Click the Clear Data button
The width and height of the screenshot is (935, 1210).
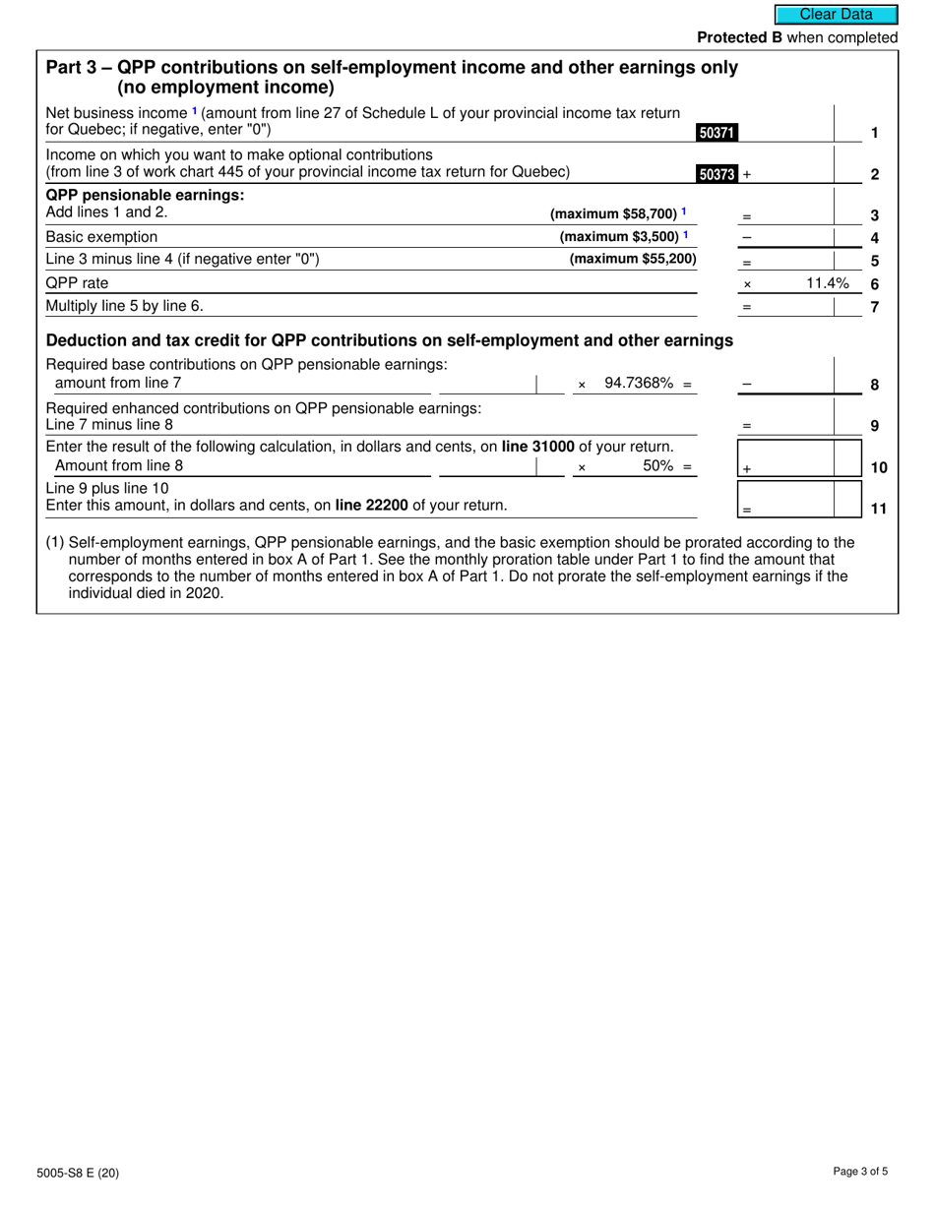tap(836, 15)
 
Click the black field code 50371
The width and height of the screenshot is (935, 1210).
tap(717, 133)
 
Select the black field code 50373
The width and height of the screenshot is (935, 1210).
tap(717, 174)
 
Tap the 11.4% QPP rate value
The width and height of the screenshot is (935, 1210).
tap(827, 283)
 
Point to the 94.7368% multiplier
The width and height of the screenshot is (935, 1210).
tap(639, 384)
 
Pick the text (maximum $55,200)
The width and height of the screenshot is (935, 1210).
tap(633, 259)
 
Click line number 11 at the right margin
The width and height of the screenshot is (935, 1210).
tap(879, 509)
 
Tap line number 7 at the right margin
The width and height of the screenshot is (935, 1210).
tap(874, 307)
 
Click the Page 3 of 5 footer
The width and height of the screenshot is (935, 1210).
tap(859, 1172)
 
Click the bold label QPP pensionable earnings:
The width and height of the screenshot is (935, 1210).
tap(145, 195)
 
